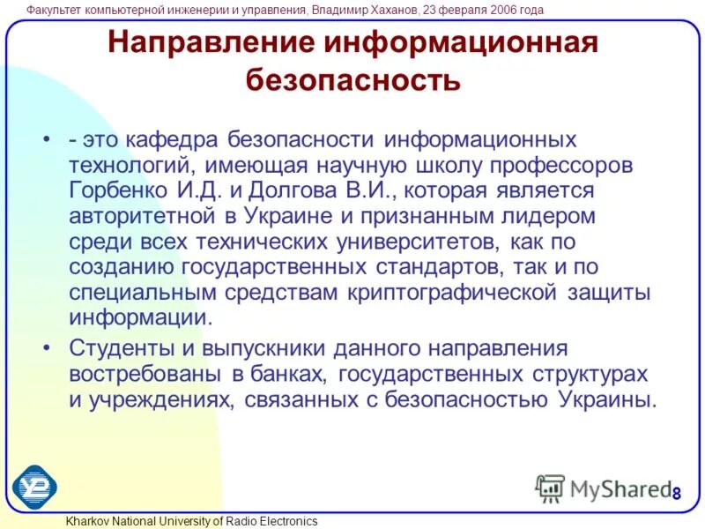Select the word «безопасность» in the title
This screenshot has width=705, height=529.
click(352, 80)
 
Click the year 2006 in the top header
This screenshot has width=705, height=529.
click(486, 10)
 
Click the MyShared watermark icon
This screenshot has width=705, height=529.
click(550, 488)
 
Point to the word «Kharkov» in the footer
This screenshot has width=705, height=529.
click(89, 521)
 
